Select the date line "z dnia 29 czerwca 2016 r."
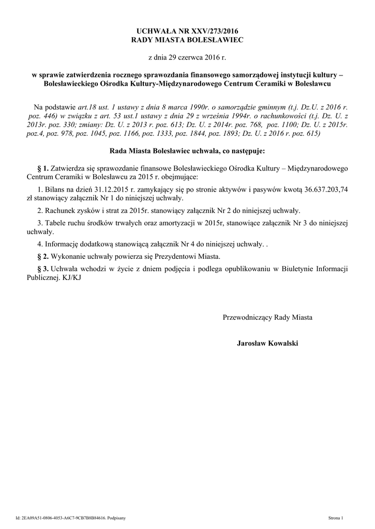click(x=187, y=56)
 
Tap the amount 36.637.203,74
click(x=323, y=189)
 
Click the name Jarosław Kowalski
click(x=267, y=344)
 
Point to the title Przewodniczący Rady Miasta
click(x=267, y=317)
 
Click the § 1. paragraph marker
click(x=43, y=168)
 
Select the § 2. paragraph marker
click(x=43, y=256)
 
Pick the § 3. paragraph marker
click(x=43, y=269)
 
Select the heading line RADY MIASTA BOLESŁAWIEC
click(x=187, y=39)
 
